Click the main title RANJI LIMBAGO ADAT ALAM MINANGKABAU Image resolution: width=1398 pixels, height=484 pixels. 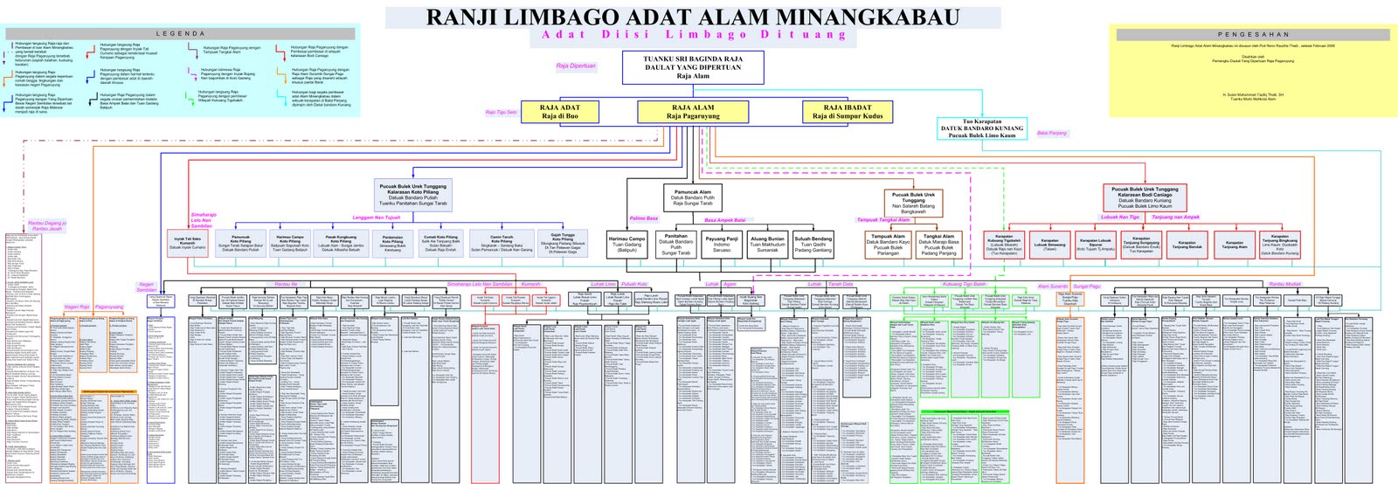[x=693, y=17]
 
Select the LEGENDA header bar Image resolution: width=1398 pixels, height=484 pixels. [x=181, y=34]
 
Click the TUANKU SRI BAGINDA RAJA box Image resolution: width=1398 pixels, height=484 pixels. [x=693, y=67]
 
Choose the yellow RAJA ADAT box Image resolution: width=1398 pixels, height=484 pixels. [x=560, y=112]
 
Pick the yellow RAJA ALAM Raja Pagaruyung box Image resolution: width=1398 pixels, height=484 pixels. [x=693, y=112]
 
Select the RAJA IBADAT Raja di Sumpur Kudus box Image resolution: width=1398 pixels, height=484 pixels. [x=847, y=112]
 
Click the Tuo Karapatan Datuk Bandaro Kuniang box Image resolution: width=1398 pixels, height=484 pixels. [x=981, y=128]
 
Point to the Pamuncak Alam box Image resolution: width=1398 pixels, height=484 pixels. [x=693, y=197]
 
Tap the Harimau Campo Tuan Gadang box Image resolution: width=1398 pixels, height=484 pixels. [x=626, y=245]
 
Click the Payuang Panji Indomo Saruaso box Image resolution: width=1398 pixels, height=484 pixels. [x=722, y=245]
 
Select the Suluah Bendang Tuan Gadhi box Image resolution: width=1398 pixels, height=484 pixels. [x=813, y=245]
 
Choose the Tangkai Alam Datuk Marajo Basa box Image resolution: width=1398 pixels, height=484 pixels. [x=938, y=245]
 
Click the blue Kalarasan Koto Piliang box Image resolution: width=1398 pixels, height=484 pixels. [x=412, y=194]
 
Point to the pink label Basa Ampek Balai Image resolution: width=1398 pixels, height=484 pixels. [x=724, y=220]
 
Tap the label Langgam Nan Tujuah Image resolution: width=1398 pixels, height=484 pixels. [x=376, y=218]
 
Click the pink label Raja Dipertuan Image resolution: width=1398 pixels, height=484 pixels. [x=576, y=66]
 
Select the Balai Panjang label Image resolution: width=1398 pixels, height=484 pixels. [x=1052, y=134]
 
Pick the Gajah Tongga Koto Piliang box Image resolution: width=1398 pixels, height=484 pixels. [x=562, y=243]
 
